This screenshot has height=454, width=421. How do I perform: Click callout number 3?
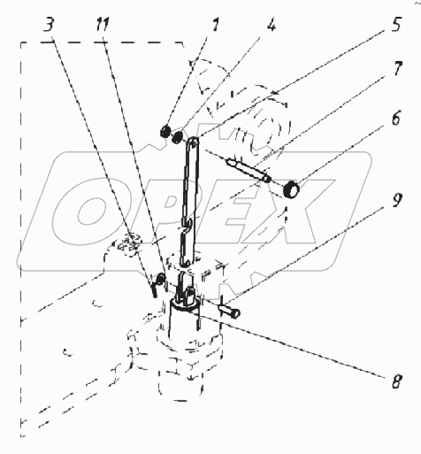(49, 25)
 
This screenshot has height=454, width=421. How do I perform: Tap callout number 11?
(103, 25)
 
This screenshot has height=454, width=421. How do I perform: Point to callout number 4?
(272, 25)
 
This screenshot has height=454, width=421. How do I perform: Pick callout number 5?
(396, 24)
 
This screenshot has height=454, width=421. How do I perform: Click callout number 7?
(397, 69)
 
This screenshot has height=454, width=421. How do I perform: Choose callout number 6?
(396, 119)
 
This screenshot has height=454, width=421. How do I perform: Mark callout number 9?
(397, 200)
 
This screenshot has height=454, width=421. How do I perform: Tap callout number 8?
(396, 381)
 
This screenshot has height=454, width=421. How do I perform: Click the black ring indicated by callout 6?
(291, 189)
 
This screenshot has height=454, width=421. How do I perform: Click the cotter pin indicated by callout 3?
(157, 284)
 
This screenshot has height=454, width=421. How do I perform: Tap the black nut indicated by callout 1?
(165, 131)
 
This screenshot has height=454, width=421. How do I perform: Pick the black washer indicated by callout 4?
(178, 137)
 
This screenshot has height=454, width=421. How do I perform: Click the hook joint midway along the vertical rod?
(187, 225)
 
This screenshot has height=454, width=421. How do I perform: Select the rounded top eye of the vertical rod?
(193, 142)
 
